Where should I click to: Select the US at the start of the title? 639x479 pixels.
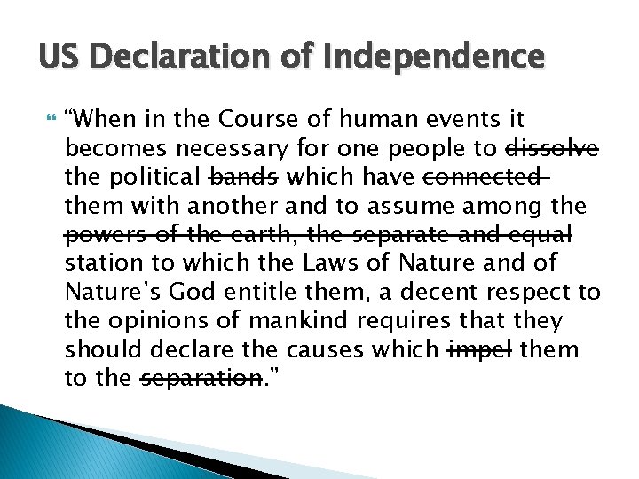pos(58,58)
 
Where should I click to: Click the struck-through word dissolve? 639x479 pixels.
pos(552,147)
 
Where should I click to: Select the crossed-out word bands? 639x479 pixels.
pos(243,177)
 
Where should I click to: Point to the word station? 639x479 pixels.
pos(99,263)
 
